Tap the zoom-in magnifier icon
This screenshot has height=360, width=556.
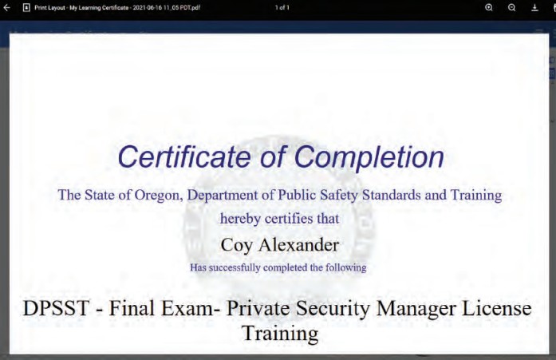[x=489, y=7]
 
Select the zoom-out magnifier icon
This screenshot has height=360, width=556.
[x=512, y=7]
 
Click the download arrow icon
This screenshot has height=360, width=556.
[x=534, y=7]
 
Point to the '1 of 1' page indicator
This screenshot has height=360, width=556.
[x=282, y=7]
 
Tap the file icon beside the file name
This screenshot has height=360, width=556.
[x=26, y=7]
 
